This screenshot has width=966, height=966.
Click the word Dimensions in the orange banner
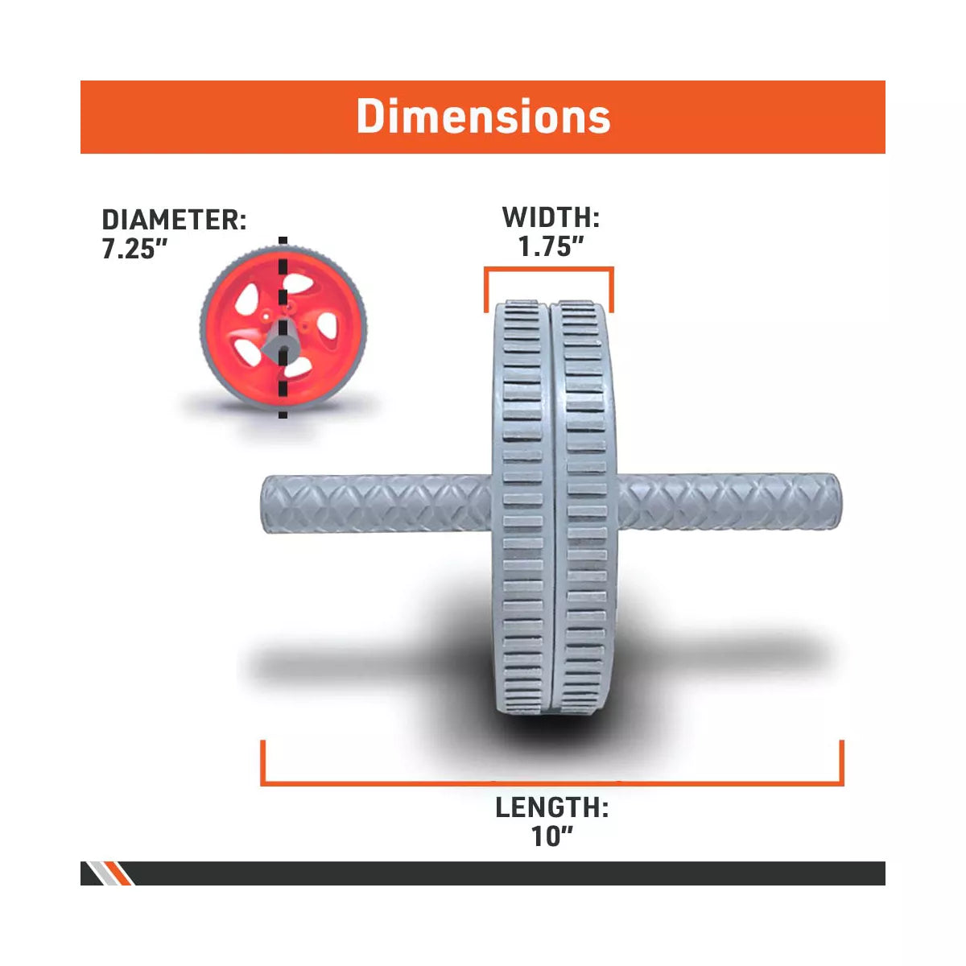click(483, 117)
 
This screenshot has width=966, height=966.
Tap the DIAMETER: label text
click(174, 220)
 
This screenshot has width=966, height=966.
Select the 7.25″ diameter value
click(134, 249)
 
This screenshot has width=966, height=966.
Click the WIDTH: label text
click(551, 217)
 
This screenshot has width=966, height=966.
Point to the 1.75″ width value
click(551, 247)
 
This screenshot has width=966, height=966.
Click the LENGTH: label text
click(551, 807)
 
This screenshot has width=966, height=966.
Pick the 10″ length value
click(551, 836)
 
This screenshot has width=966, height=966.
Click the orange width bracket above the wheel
click(549, 270)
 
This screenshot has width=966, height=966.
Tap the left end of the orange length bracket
click(263, 761)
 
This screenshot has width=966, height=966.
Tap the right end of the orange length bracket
click(841, 761)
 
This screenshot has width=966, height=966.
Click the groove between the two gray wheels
click(553, 507)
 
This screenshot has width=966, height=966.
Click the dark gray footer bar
click(507, 873)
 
